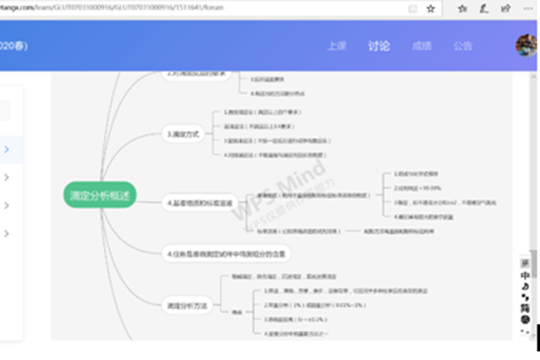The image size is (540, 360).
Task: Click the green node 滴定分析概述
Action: pyautogui.click(x=100, y=194)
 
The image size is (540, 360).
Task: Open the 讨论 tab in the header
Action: pyautogui.click(x=379, y=46)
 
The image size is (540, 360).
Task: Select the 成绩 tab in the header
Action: pyautogui.click(x=421, y=46)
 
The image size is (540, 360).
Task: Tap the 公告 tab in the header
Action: pyautogui.click(x=463, y=46)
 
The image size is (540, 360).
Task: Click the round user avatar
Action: pyautogui.click(x=526, y=45)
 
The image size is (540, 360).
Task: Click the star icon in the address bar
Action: pyautogui.click(x=430, y=8)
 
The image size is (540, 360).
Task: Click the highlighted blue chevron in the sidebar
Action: pyautogui.click(x=7, y=148)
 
